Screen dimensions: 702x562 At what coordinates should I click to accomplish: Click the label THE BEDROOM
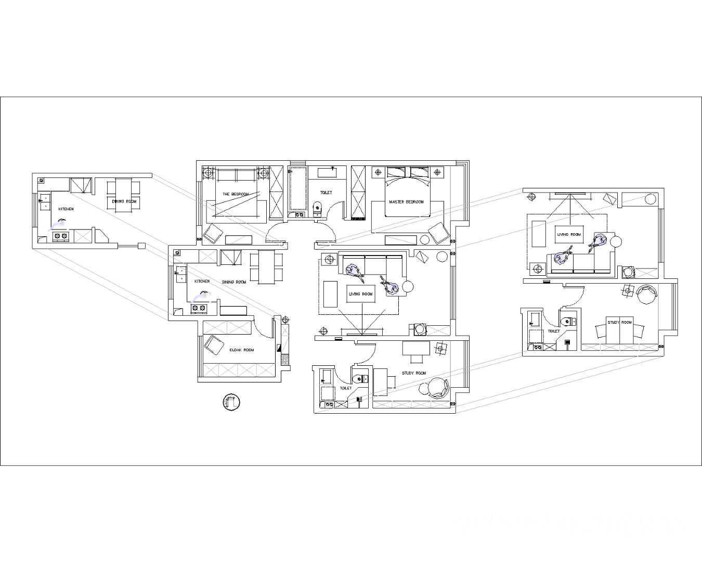(x=236, y=194)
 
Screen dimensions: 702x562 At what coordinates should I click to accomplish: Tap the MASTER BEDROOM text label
(x=406, y=202)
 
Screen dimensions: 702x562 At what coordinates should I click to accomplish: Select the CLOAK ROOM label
(x=242, y=350)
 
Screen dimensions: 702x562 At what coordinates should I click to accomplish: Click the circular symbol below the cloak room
(x=231, y=402)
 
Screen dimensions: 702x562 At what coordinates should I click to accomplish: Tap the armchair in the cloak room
(x=214, y=345)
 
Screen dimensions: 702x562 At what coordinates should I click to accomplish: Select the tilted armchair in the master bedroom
(x=439, y=233)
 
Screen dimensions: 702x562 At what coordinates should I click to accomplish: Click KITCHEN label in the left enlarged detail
(x=66, y=209)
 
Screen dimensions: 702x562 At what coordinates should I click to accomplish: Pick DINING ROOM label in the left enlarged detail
(x=124, y=201)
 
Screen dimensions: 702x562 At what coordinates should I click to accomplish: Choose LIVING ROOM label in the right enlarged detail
(x=569, y=235)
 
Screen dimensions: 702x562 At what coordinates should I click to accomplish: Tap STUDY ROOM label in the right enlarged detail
(x=619, y=322)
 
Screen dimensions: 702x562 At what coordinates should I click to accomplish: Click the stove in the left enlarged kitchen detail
(x=60, y=236)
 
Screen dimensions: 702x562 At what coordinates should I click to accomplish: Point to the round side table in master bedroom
(x=424, y=240)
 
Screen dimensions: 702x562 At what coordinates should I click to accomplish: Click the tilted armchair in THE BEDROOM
(x=213, y=234)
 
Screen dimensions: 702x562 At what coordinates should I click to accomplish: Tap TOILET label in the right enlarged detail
(x=554, y=331)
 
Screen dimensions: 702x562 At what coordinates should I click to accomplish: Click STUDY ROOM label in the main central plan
(x=413, y=373)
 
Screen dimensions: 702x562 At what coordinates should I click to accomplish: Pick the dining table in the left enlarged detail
(x=124, y=195)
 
